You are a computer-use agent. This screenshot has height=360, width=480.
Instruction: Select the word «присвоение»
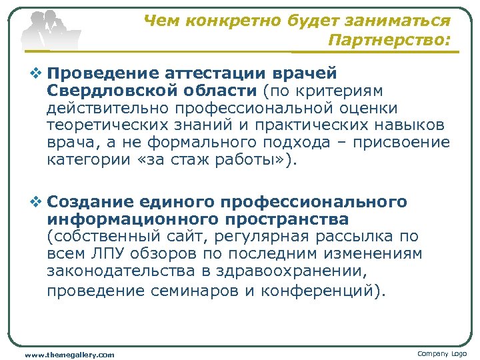pos(407,143)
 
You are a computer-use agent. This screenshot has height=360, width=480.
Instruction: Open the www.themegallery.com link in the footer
pos(69,354)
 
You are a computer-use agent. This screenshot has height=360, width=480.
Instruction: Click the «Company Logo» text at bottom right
pos(442,353)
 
